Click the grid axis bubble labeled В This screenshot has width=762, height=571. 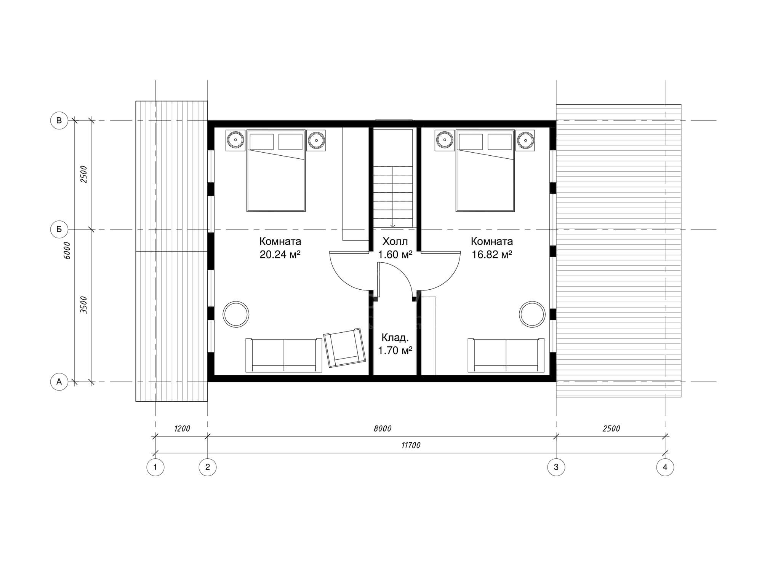click(x=59, y=121)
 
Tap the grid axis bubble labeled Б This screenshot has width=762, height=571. click(x=59, y=230)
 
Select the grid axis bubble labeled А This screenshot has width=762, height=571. click(x=59, y=382)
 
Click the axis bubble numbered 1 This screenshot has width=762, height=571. click(x=155, y=467)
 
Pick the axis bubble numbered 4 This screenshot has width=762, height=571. click(x=665, y=467)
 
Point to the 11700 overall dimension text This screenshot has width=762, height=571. click(x=411, y=445)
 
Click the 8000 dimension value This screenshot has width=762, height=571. click(x=383, y=429)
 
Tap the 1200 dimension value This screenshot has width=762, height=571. click(x=182, y=429)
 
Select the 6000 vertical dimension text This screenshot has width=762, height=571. click(x=67, y=250)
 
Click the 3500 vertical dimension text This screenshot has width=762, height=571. click(x=84, y=305)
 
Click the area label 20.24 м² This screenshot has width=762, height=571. click(x=280, y=254)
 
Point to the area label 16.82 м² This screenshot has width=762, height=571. click(x=492, y=254)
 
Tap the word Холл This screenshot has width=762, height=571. click(x=395, y=241)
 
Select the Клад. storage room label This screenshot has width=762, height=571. click(x=395, y=338)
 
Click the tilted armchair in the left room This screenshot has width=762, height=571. click(x=343, y=348)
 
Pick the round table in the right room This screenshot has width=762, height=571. click(x=532, y=314)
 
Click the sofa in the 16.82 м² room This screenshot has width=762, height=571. click(x=506, y=355)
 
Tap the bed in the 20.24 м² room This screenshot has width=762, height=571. click(x=276, y=171)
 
